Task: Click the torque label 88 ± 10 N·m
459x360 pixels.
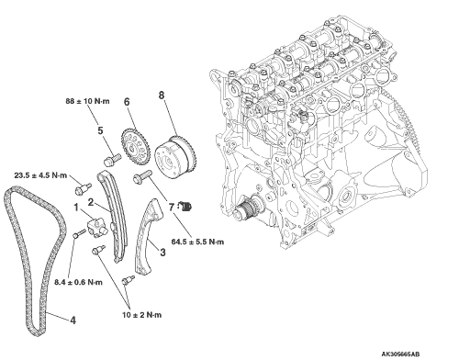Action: coord(87,101)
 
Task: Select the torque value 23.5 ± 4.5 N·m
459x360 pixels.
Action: coord(40,175)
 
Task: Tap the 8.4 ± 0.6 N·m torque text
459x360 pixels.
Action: coord(79,282)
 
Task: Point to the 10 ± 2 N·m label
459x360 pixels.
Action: coord(142,315)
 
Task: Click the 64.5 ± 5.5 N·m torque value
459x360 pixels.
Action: coord(197,242)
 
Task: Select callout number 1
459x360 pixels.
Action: coord(76,208)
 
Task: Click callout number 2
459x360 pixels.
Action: coord(91,202)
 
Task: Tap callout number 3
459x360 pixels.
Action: coord(162,253)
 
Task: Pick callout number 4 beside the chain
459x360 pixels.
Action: coord(73,321)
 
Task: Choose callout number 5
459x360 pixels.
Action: coord(100,130)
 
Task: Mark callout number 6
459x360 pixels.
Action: coord(127,102)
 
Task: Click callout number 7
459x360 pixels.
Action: coord(172,208)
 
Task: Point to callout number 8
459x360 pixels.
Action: coord(162,96)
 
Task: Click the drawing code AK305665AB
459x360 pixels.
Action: coord(400,354)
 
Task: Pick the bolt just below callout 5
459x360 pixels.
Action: coord(112,160)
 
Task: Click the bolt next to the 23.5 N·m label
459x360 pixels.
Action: coord(83,189)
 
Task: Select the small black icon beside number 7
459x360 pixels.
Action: coord(185,207)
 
